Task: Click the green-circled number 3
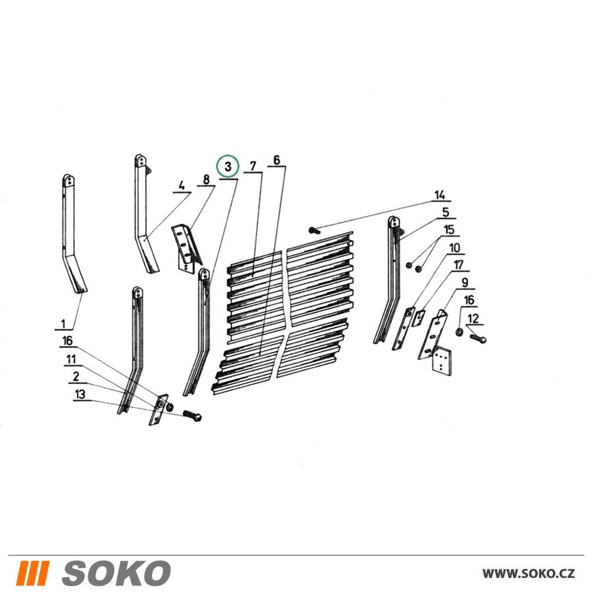click(x=228, y=166)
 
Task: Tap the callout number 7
click(x=253, y=166)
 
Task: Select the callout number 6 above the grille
click(x=276, y=160)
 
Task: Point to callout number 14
click(x=440, y=195)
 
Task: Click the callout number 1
click(x=63, y=324)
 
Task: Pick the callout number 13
click(x=80, y=394)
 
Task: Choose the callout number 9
click(x=465, y=282)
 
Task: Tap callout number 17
click(x=458, y=265)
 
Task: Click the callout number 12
click(x=473, y=318)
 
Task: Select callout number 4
click(x=182, y=186)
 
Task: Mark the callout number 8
click(x=206, y=179)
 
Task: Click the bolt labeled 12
click(x=478, y=338)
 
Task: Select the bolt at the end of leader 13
click(x=192, y=416)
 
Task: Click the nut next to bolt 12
click(x=459, y=332)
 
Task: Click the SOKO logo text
click(x=116, y=572)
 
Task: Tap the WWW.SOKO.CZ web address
click(x=529, y=573)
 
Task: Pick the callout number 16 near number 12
click(x=469, y=301)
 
